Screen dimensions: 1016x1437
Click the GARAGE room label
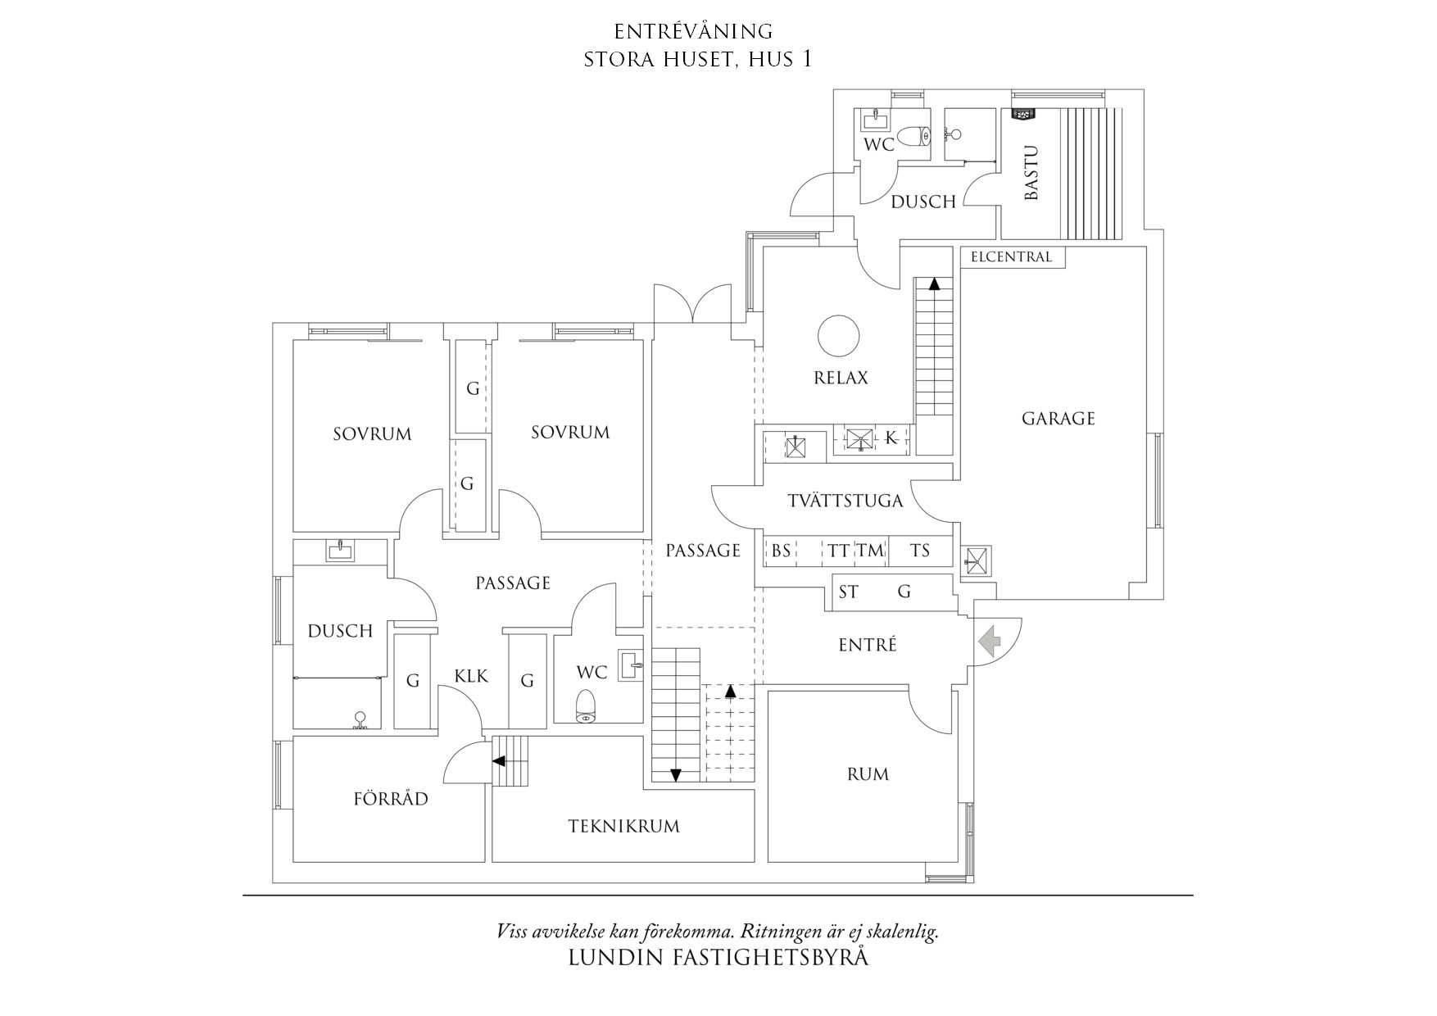click(x=1058, y=419)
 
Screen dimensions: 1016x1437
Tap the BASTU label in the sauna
click(x=1031, y=173)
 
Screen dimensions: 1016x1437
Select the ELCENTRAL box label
click(x=1011, y=257)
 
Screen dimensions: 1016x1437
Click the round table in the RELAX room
click(x=839, y=336)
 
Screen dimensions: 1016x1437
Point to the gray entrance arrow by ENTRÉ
click(x=990, y=641)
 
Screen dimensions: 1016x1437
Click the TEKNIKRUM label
click(x=624, y=826)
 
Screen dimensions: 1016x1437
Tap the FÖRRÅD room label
click(x=391, y=799)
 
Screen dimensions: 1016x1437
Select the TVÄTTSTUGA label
click(x=845, y=501)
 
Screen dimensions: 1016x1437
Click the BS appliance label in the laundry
click(x=781, y=551)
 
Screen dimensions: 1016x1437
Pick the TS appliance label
click(x=920, y=551)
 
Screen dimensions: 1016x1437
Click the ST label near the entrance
click(x=849, y=592)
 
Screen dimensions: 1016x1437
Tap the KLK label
click(x=471, y=676)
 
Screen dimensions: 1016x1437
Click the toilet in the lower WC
click(x=585, y=706)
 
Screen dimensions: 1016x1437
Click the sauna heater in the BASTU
click(x=1022, y=116)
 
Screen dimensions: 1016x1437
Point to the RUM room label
click(x=868, y=774)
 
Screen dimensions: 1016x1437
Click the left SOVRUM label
click(x=372, y=434)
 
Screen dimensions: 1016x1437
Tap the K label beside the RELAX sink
click(x=891, y=438)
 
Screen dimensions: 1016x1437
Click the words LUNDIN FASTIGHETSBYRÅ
click(x=718, y=958)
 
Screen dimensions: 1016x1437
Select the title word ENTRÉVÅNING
click(x=693, y=32)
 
